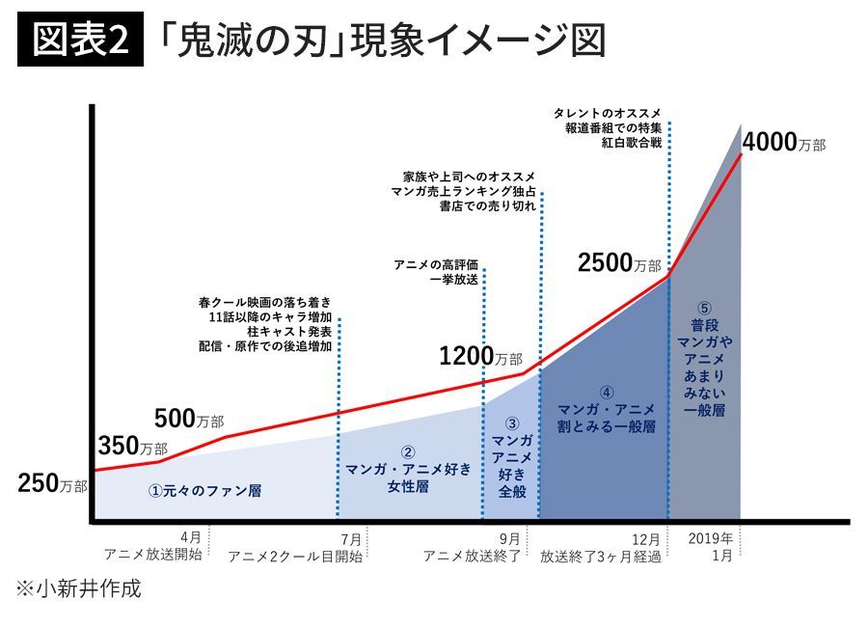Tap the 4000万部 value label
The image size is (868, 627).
[784, 142]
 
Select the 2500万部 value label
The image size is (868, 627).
[619, 262]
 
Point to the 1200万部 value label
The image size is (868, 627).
[479, 356]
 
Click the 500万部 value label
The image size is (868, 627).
[188, 419]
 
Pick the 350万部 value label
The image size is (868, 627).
[132, 447]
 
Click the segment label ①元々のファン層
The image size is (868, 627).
[204, 490]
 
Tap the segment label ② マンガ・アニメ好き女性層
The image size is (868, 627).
[408, 469]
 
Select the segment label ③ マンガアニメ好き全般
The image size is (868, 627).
[511, 457]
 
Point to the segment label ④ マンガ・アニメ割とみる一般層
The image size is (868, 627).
[606, 410]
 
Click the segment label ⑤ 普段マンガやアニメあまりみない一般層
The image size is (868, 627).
[703, 368]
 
